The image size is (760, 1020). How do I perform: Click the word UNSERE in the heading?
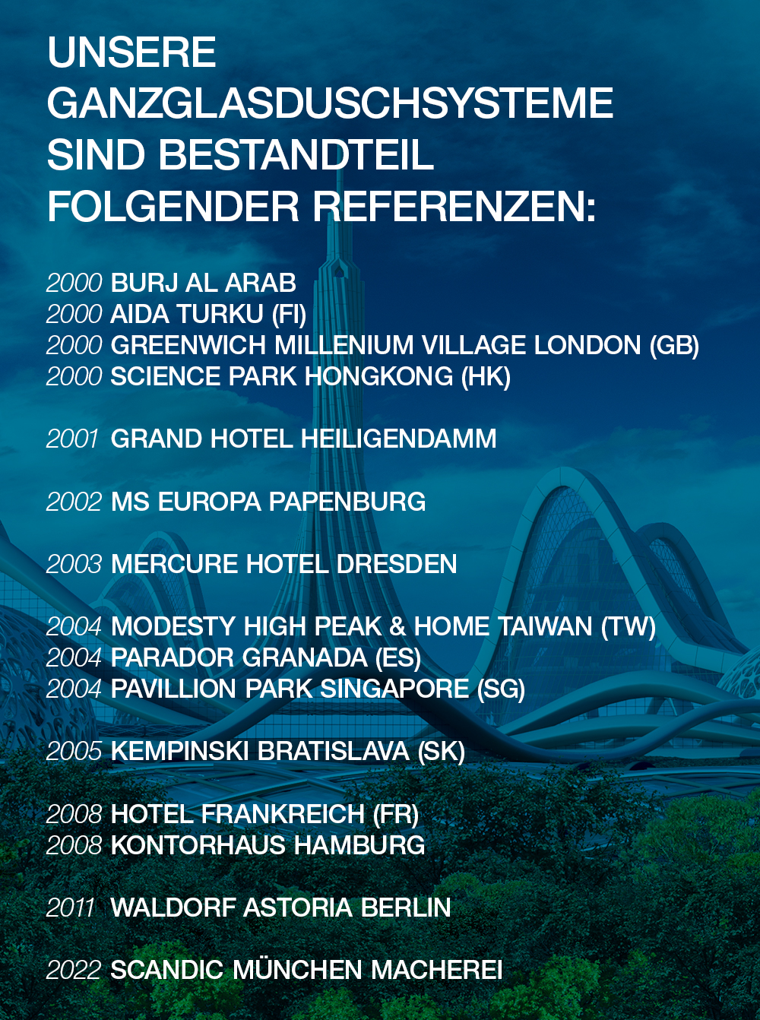[131, 52]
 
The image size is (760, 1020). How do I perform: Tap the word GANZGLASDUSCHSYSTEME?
[330, 103]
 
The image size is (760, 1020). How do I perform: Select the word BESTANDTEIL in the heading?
[296, 154]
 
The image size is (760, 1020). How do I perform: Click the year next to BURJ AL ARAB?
[74, 283]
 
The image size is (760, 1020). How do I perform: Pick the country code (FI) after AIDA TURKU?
[289, 315]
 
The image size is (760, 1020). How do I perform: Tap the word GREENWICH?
[188, 345]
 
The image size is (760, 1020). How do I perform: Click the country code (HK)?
[486, 377]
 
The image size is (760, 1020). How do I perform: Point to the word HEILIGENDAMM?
[399, 439]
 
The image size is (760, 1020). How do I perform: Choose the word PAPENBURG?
[347, 501]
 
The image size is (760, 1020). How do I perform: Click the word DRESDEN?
[397, 564]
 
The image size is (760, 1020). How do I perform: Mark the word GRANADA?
[305, 657]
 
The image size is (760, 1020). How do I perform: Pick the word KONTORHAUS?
[199, 845]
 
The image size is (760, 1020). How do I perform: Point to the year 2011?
[71, 908]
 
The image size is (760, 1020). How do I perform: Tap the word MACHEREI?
[436, 970]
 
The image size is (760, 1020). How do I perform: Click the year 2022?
[74, 970]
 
